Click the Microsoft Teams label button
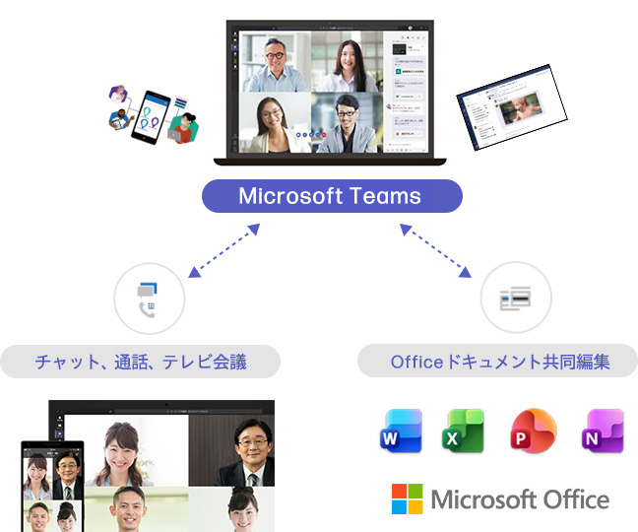coord(332,196)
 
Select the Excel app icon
coord(463,431)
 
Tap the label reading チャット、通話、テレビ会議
coord(140,362)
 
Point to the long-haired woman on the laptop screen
coord(346,65)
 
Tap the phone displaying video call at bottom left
coord(51,487)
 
